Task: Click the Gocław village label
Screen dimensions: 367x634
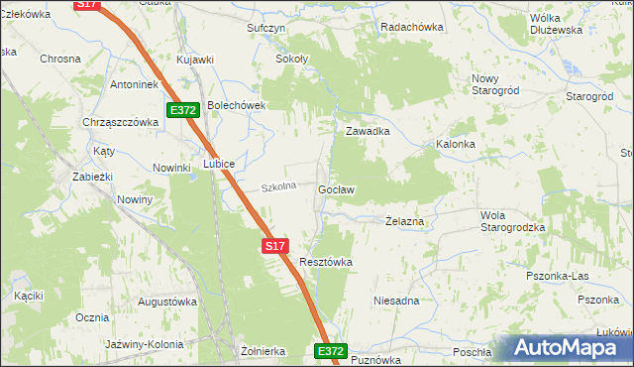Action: click(337, 188)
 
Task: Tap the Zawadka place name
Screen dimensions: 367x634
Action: click(367, 131)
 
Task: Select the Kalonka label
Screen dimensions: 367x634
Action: click(456, 144)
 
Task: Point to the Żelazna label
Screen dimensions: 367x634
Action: click(404, 222)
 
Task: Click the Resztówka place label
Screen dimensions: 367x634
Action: click(326, 262)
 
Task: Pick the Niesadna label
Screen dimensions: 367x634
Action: click(396, 300)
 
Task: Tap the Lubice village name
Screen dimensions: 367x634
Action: click(219, 164)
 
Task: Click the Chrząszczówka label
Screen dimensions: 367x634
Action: click(122, 122)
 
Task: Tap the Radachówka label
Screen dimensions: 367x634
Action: click(411, 28)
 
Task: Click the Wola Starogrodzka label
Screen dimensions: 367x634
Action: click(512, 221)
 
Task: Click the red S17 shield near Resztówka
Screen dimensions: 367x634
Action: click(275, 245)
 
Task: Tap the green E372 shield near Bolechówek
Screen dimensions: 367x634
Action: click(184, 110)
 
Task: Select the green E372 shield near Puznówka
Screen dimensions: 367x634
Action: click(331, 351)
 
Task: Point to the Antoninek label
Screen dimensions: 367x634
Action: click(135, 84)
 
